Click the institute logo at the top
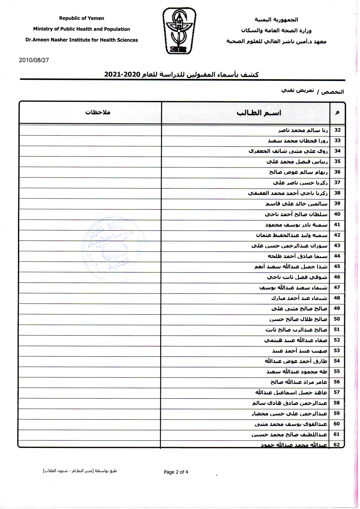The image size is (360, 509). (x=179, y=31)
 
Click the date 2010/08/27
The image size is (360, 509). (x=34, y=60)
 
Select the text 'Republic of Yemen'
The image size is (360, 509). (x=81, y=18)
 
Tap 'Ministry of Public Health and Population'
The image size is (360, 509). (x=81, y=29)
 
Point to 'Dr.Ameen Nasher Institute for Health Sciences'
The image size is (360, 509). (x=81, y=40)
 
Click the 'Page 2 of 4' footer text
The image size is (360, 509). (x=176, y=472)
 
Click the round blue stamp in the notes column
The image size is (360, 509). (x=114, y=249)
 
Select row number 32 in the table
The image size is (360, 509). (x=337, y=130)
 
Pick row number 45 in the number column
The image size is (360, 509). (x=337, y=266)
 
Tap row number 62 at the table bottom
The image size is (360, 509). (x=337, y=445)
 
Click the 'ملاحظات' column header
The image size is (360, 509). (x=98, y=112)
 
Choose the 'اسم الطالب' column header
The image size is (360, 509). (x=259, y=113)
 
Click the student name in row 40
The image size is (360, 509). (x=296, y=214)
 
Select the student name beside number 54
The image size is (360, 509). (x=296, y=361)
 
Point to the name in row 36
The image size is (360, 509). (x=298, y=172)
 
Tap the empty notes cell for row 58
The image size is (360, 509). (x=90, y=403)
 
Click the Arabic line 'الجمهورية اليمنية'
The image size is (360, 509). (x=276, y=20)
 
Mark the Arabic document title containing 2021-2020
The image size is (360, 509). (x=181, y=74)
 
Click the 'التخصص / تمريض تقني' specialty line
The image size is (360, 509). (x=312, y=91)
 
